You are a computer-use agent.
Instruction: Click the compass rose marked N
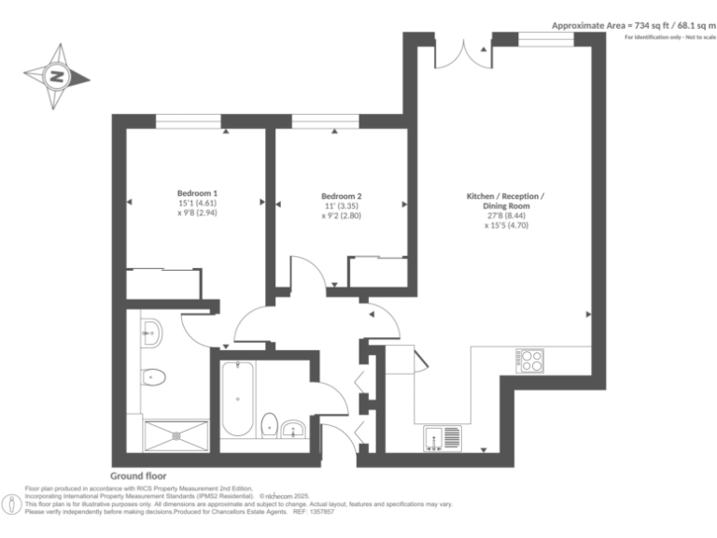57,77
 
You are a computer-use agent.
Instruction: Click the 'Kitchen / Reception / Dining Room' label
505,201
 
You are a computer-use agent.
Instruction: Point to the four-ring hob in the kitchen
530,360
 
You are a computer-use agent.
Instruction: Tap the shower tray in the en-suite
176,435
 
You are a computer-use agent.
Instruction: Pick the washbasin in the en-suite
150,329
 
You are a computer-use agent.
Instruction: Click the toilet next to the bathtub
269,423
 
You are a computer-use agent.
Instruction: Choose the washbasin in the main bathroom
294,429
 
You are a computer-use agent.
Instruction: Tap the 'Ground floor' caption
138,475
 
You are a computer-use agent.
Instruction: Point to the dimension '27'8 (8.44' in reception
505,215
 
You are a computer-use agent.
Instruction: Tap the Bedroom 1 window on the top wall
188,120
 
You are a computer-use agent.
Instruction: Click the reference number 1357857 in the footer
319,512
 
